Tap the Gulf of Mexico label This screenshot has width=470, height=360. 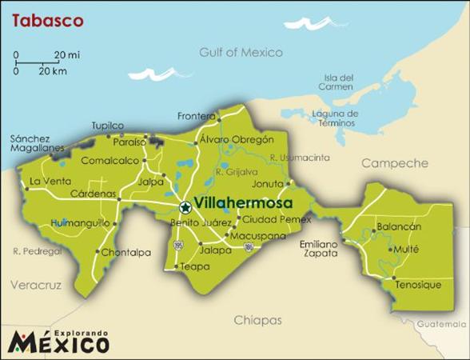pyautogui.click(x=241, y=53)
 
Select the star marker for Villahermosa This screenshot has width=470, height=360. pyautogui.click(x=185, y=206)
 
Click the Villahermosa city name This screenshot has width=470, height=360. pyautogui.click(x=243, y=205)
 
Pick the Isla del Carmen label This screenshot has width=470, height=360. pyautogui.click(x=335, y=82)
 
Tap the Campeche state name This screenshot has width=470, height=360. pyautogui.click(x=395, y=163)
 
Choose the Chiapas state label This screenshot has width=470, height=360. pyautogui.click(x=257, y=320)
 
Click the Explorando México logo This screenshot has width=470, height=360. pyautogui.click(x=59, y=340)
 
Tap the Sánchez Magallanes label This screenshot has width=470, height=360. pyautogui.click(x=30, y=143)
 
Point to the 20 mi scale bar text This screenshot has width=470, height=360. pyautogui.click(x=66, y=54)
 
